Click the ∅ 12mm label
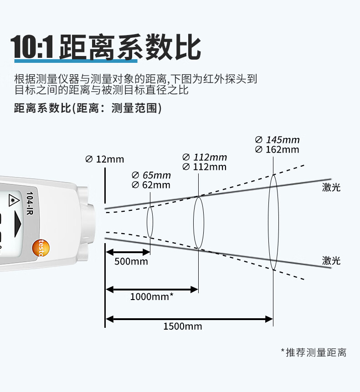[104, 159]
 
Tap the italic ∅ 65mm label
[151, 175]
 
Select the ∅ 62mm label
[151, 185]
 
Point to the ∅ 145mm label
[277, 140]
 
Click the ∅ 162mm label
[277, 149]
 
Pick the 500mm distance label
[131, 261]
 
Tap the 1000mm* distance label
[152, 297]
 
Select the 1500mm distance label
[183, 326]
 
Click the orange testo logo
[41, 248]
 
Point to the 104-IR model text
[30, 203]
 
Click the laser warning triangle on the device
[13, 200]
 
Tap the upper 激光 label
[331, 187]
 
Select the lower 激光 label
[331, 260]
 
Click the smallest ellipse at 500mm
[147, 222]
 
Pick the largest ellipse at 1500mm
[268, 222]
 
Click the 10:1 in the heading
[32, 47]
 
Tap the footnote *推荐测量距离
[314, 352]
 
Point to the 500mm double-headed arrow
[128, 252]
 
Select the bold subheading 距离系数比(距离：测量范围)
[88, 108]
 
